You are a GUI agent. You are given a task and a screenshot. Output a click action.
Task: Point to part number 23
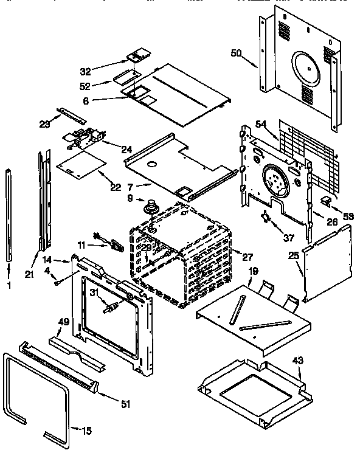pyautogui.click(x=43, y=125)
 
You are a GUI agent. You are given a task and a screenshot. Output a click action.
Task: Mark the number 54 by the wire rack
pyautogui.click(x=261, y=124)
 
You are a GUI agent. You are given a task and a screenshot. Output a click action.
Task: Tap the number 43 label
pyautogui.click(x=297, y=361)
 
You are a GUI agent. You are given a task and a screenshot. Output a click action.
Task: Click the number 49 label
pyautogui.click(x=62, y=322)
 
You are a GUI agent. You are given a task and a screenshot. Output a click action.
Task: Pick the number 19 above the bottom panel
pyautogui.click(x=253, y=272)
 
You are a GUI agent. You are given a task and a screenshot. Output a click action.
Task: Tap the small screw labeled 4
pyautogui.click(x=56, y=282)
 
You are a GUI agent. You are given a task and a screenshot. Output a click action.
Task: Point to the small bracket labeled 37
pyautogui.click(x=265, y=217)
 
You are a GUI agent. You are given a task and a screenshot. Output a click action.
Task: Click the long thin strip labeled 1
pyautogui.click(x=9, y=213)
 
